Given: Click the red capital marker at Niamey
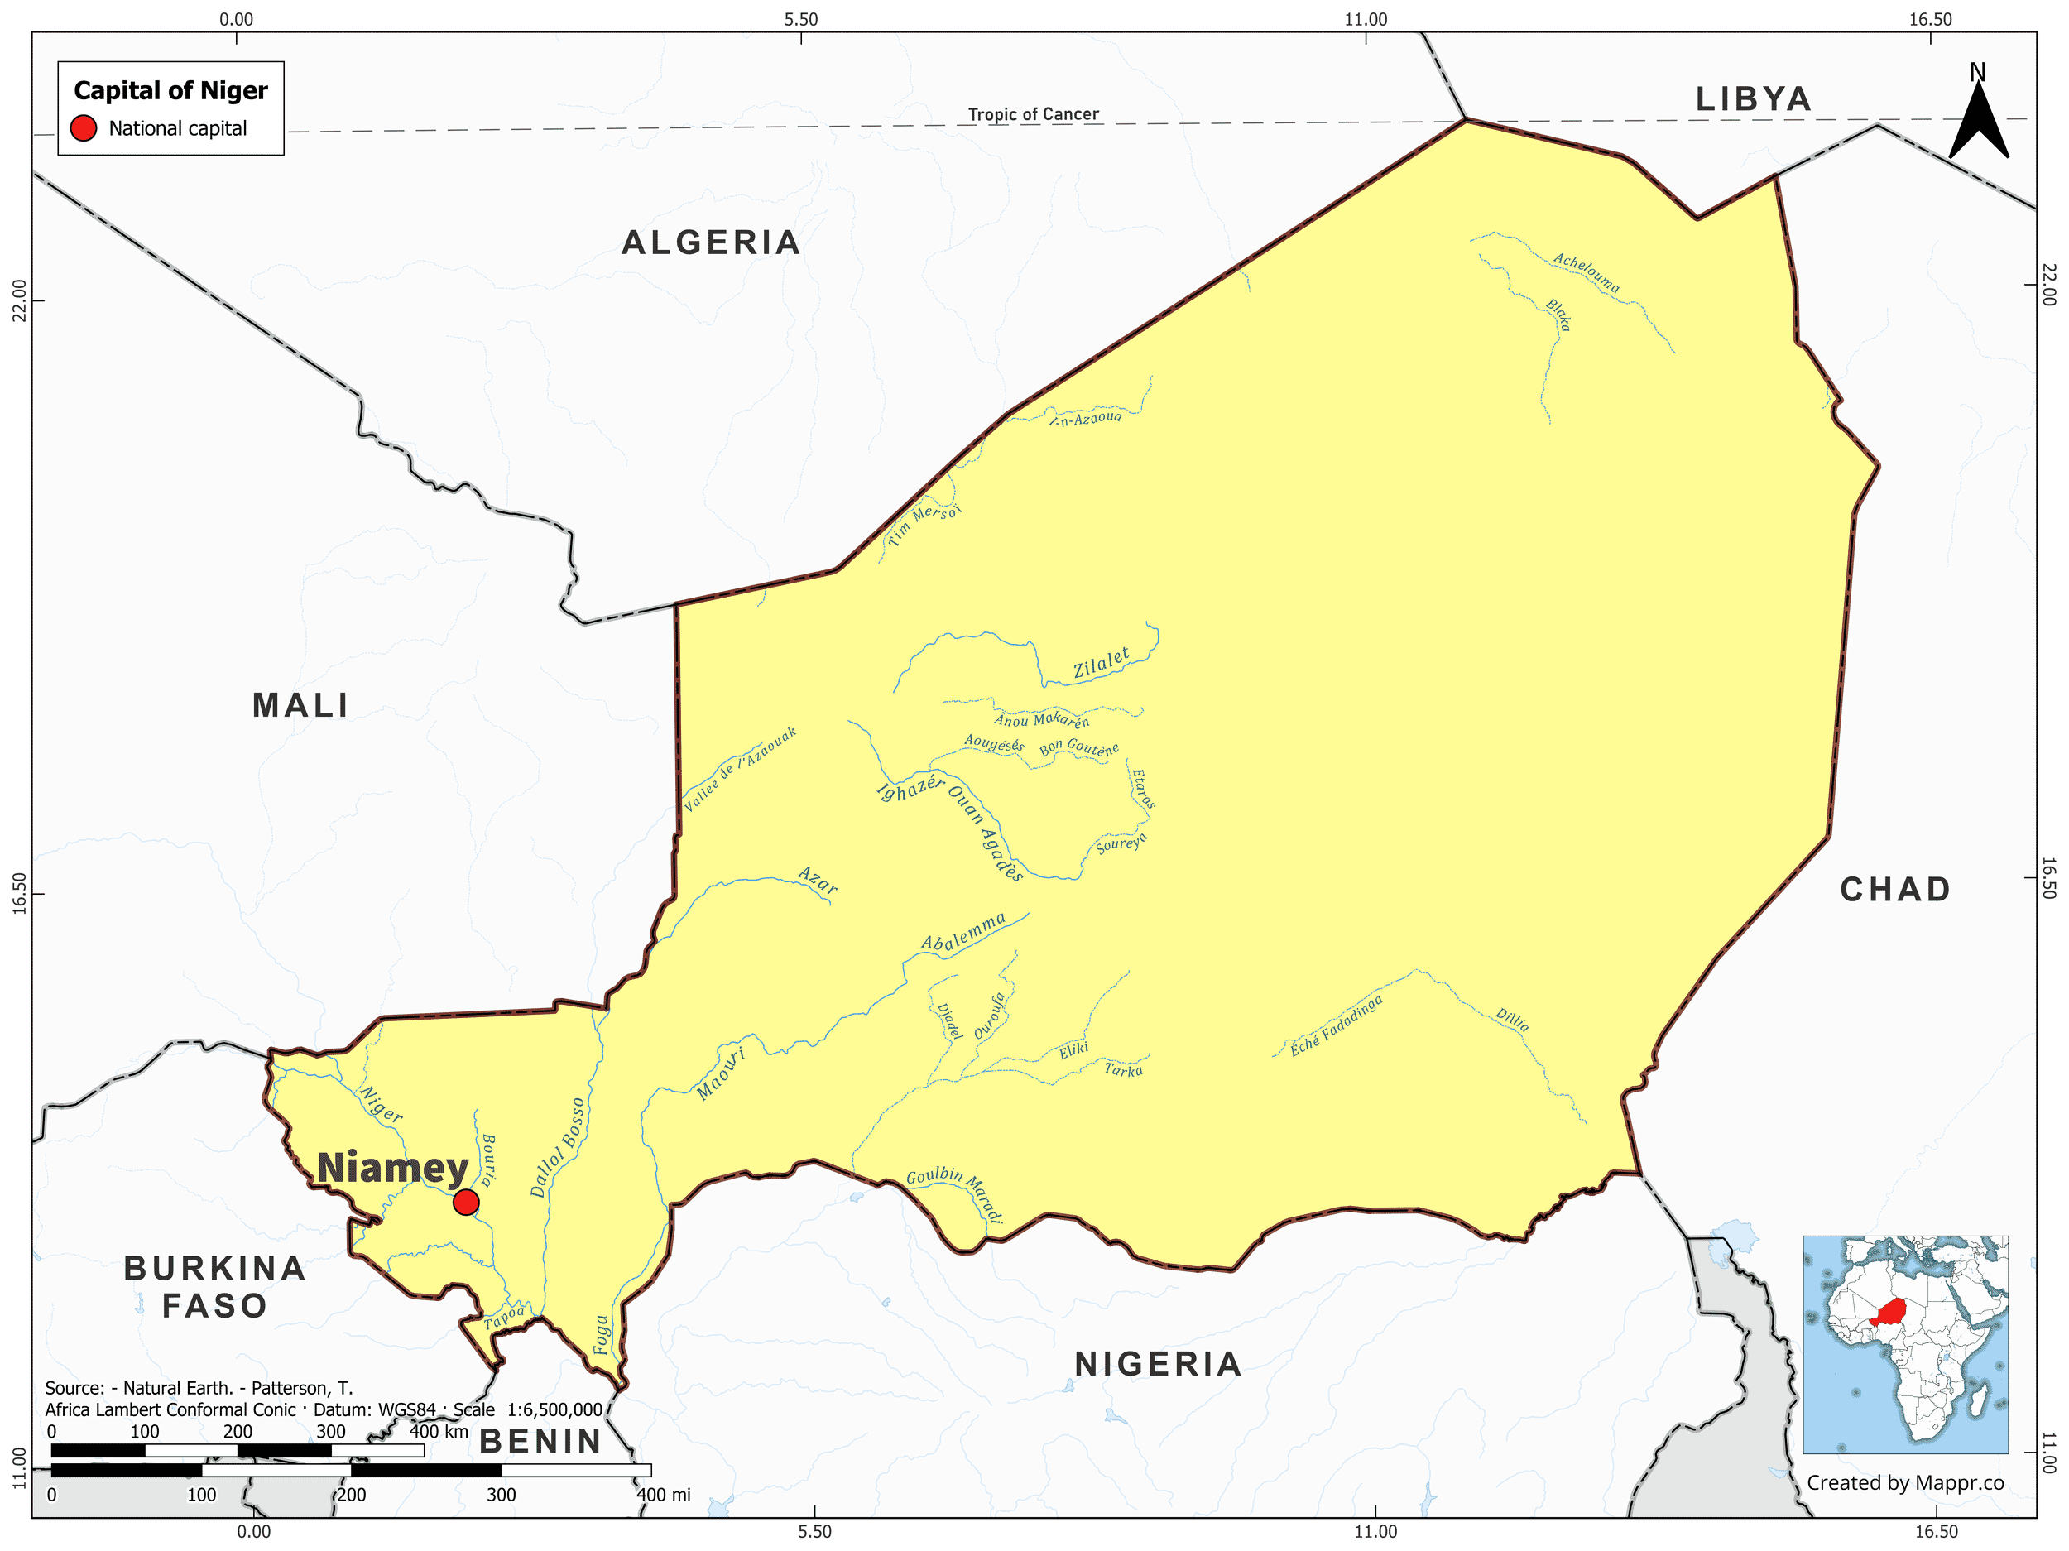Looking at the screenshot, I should [x=466, y=1202].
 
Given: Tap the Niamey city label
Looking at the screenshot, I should [x=392, y=1169].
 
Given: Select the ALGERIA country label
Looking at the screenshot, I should [x=711, y=243].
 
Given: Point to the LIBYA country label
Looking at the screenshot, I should [x=1754, y=99].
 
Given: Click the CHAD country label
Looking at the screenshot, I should [x=1896, y=890].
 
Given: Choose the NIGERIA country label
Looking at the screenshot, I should [x=1158, y=1364].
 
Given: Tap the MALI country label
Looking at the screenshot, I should [x=300, y=705].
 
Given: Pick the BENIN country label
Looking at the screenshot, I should [x=540, y=1442].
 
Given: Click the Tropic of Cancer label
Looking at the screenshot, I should [x=1033, y=114].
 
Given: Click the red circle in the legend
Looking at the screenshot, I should [x=84, y=128].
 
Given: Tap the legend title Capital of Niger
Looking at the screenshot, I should [x=170, y=91].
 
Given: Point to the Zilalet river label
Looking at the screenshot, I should [x=1101, y=663].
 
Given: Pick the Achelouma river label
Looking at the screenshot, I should [x=1587, y=272].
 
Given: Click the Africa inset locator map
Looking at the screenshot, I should [x=1904, y=1344].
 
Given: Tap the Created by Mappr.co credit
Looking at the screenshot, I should [x=1904, y=1482].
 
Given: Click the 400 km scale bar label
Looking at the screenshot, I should [x=439, y=1431].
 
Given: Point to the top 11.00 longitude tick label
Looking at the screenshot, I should [x=1366, y=19].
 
